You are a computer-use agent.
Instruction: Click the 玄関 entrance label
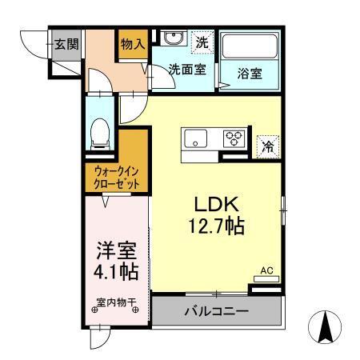[x=66, y=45]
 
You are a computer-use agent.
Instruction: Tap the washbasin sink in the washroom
[x=172, y=38]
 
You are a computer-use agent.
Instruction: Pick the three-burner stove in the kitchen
[x=234, y=138]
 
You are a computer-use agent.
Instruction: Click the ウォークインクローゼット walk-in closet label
[x=117, y=177]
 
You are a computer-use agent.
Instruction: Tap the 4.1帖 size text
[x=116, y=271]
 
